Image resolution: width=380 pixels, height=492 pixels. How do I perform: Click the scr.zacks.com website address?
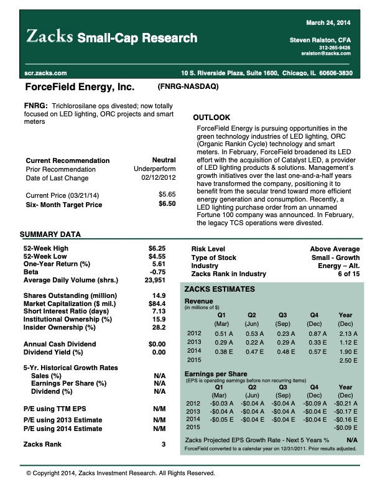pyautogui.click(x=42, y=73)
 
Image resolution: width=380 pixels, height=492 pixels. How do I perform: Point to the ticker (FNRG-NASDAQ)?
pyautogui.click(x=188, y=86)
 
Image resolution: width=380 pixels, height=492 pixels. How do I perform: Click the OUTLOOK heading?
pyautogui.click(x=211, y=118)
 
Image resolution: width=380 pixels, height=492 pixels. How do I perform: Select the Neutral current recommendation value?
pyautogui.click(x=164, y=160)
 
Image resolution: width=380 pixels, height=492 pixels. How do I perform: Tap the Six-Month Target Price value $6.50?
pyautogui.click(x=167, y=203)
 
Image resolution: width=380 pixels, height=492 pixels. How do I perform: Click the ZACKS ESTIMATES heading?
pyautogui.click(x=220, y=289)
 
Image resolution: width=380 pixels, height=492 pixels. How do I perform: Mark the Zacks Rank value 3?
pyautogui.click(x=164, y=444)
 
